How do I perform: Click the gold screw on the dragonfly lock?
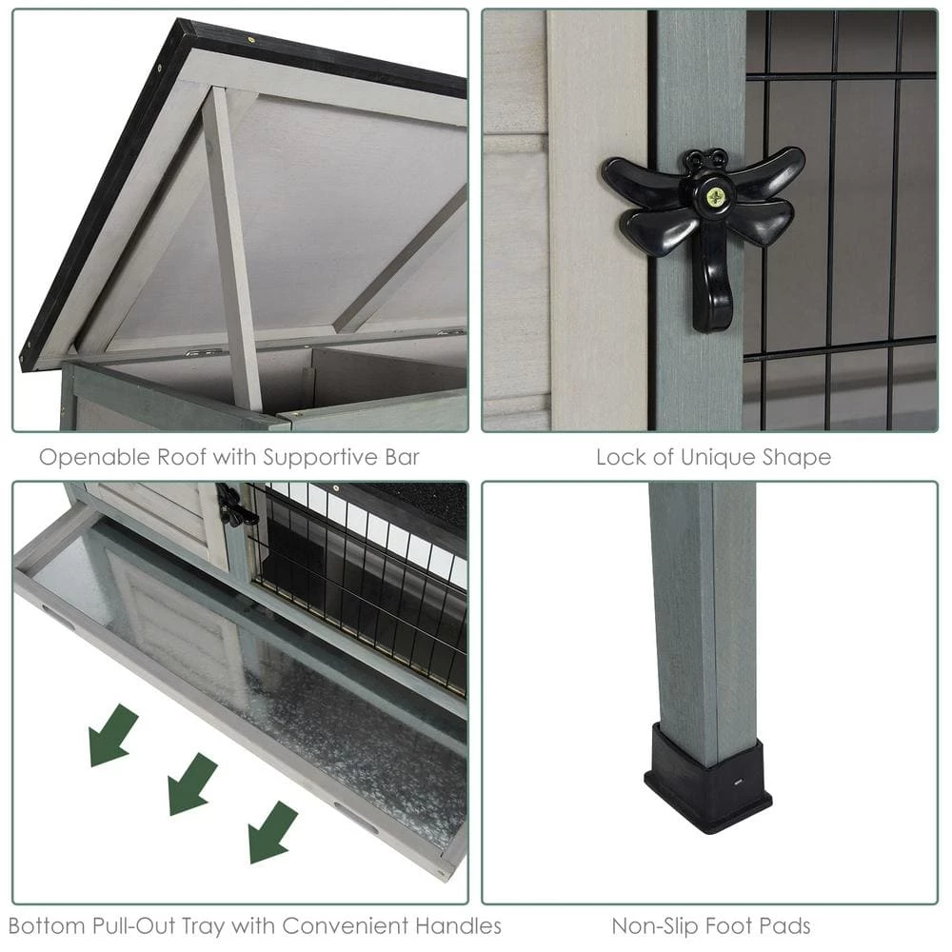click(x=714, y=197)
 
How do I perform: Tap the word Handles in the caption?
click(x=459, y=924)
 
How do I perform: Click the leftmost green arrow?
click(x=112, y=735)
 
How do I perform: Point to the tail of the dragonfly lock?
click(x=712, y=286)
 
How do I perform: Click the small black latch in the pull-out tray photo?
click(x=233, y=506)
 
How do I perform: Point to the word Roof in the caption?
click(x=177, y=457)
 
